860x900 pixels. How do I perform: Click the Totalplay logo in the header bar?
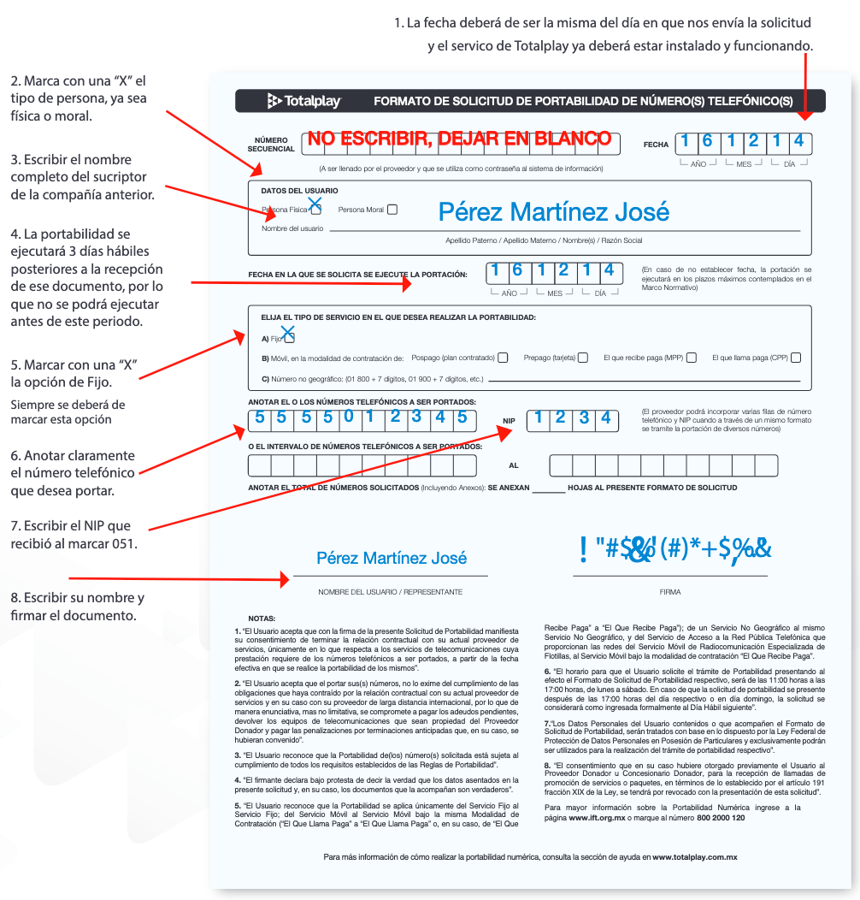304,102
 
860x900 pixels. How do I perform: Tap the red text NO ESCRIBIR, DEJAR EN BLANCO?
460,139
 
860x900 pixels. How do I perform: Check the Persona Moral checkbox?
392,209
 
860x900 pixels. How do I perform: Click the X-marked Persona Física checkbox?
315,208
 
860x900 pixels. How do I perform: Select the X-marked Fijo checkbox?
289,337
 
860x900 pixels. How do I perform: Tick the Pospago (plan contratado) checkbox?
503,358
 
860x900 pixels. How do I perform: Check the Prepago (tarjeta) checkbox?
583,358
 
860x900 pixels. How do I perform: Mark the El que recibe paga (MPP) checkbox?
692,358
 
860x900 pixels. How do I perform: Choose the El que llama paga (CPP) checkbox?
796,358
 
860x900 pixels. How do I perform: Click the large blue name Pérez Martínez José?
554,211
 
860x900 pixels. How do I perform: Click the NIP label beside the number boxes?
509,421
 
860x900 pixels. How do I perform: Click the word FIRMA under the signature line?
670,592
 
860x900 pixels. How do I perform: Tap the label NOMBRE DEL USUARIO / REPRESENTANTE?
390,592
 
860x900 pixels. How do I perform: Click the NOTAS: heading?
262,618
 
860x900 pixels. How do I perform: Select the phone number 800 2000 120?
722,818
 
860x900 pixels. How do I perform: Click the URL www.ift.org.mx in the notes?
597,818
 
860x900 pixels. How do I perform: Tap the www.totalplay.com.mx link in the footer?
695,856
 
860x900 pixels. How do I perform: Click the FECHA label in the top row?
656,145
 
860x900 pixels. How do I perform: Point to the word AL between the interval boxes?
513,466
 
